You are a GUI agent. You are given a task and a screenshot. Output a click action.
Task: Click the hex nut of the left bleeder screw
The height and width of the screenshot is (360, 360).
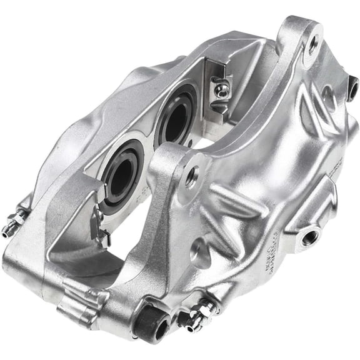(20, 219)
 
